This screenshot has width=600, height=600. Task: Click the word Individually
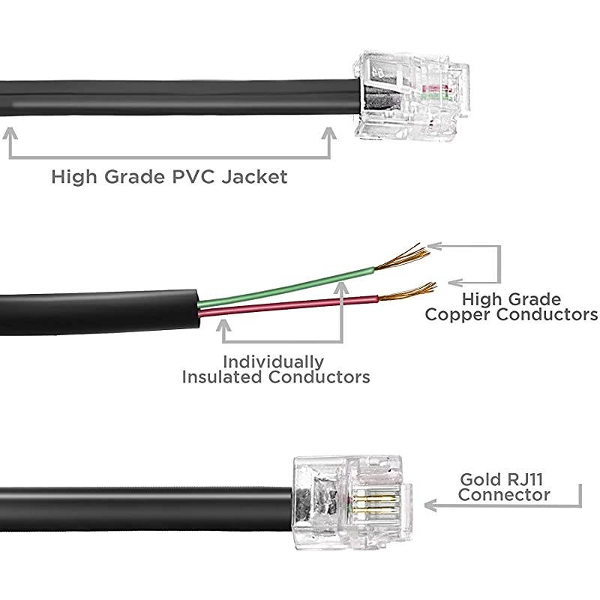(274, 361)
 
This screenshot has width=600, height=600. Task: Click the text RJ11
(527, 479)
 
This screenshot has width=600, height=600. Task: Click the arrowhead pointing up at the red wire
(224, 325)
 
